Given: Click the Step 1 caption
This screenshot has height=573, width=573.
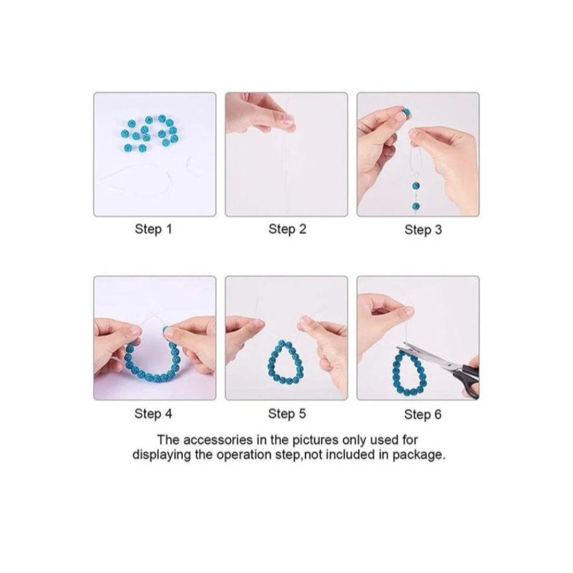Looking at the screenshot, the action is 153,230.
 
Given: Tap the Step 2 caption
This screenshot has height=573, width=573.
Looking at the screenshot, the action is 287,230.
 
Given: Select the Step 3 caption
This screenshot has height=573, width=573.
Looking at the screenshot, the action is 423,230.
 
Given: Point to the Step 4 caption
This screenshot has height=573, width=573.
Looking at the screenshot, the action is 153,414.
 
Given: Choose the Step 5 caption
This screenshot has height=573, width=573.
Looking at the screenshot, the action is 287,414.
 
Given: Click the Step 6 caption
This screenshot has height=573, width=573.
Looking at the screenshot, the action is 423,414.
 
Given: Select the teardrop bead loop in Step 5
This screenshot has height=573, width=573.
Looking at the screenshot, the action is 271,366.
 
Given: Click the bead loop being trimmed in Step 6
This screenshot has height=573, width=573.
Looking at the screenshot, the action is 395,373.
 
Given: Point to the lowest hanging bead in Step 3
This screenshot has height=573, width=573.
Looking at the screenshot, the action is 416,206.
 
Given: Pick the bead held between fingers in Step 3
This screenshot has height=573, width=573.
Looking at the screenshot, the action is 406,112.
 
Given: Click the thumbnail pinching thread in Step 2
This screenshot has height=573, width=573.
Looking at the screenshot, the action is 288,120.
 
